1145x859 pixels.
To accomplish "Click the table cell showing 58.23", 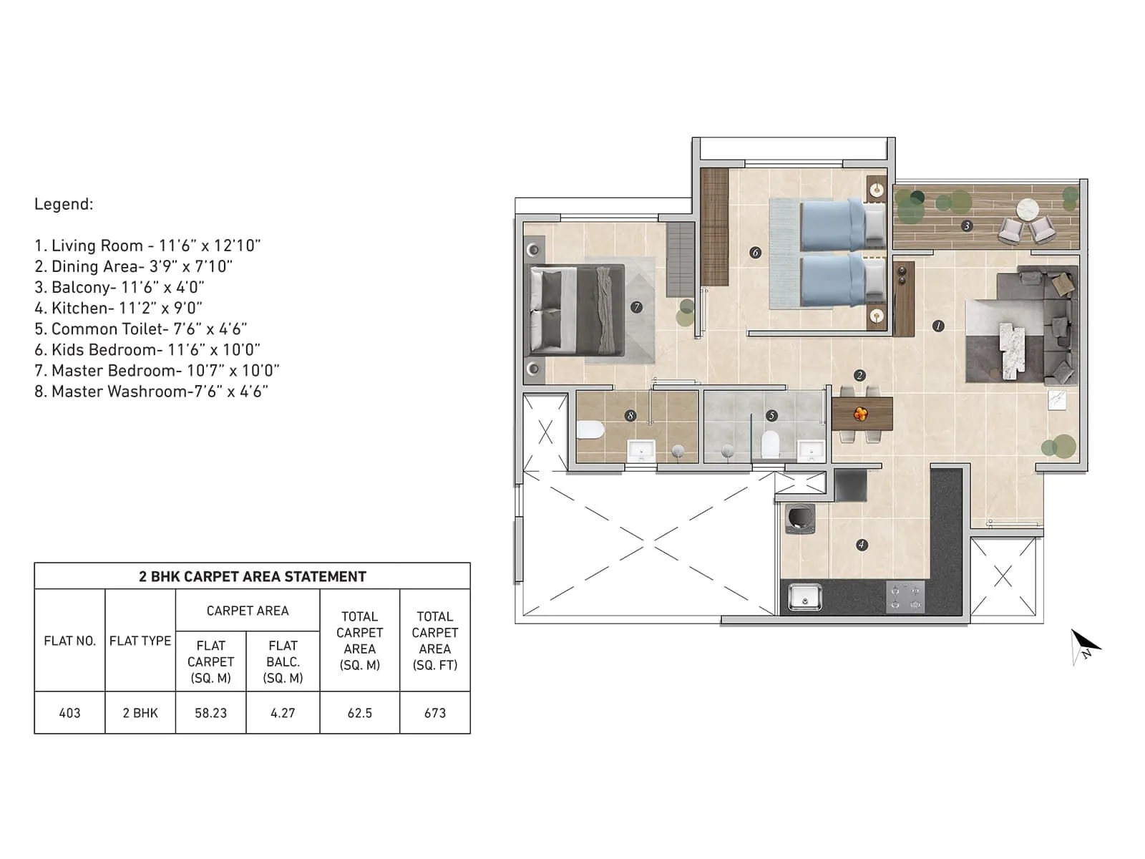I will [x=210, y=713].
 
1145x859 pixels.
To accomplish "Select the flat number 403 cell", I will [x=69, y=713].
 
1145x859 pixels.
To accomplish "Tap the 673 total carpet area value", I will [x=434, y=713].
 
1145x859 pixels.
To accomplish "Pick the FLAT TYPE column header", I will [x=140, y=641].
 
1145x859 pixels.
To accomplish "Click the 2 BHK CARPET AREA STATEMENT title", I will [x=252, y=576].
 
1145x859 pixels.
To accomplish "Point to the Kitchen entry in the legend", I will [x=118, y=308].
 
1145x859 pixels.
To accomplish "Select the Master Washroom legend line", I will [x=151, y=391].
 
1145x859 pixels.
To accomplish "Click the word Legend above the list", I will [x=64, y=204].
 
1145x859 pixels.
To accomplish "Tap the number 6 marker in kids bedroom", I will [x=755, y=252].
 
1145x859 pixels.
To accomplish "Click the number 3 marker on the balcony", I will [x=967, y=225].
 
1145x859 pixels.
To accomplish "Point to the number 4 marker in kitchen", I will [x=862, y=545].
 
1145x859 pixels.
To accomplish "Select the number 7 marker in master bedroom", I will [x=636, y=307].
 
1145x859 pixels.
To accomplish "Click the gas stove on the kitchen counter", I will [x=905, y=597].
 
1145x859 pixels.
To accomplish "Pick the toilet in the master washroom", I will [x=590, y=429].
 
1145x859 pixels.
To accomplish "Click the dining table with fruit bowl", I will [x=862, y=414].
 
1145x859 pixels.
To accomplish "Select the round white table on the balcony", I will [x=1028, y=209].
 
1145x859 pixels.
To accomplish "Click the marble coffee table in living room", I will [x=1012, y=350].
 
